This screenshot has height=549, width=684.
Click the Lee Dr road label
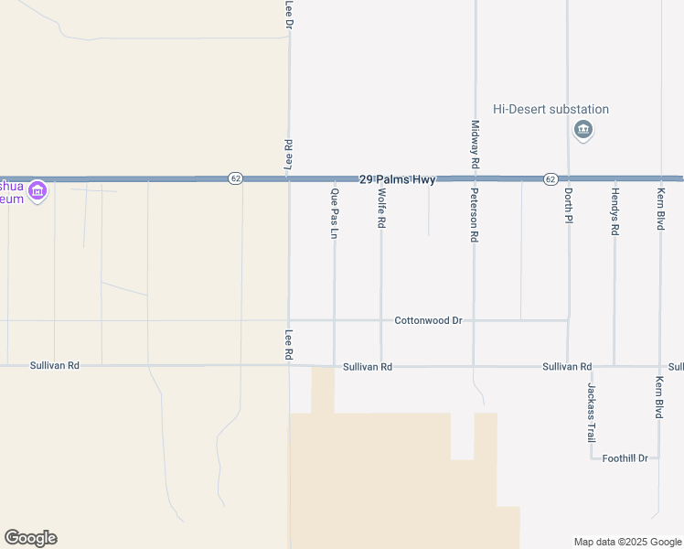(x=289, y=13)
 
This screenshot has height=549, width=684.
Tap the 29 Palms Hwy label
(x=397, y=179)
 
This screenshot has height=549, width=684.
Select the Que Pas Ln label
(x=335, y=213)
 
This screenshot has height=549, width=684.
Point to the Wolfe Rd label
(x=381, y=210)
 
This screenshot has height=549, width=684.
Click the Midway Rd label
(x=475, y=144)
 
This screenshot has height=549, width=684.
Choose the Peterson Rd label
(x=475, y=215)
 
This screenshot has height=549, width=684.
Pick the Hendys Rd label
(x=615, y=212)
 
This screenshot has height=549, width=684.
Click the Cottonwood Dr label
(x=428, y=321)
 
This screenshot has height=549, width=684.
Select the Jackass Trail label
(x=591, y=411)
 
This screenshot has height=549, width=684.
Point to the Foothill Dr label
(x=625, y=458)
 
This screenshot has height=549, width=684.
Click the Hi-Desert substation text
(x=550, y=110)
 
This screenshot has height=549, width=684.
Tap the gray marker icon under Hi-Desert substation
(x=582, y=131)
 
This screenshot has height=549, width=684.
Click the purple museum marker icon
(x=37, y=191)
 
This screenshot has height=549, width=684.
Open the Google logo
(x=30, y=538)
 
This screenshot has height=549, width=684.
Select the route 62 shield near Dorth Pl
(x=550, y=179)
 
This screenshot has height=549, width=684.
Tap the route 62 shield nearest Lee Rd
(x=236, y=178)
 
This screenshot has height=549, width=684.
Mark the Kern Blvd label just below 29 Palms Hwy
(x=660, y=208)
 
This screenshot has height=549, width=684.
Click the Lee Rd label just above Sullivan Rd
(x=289, y=344)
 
